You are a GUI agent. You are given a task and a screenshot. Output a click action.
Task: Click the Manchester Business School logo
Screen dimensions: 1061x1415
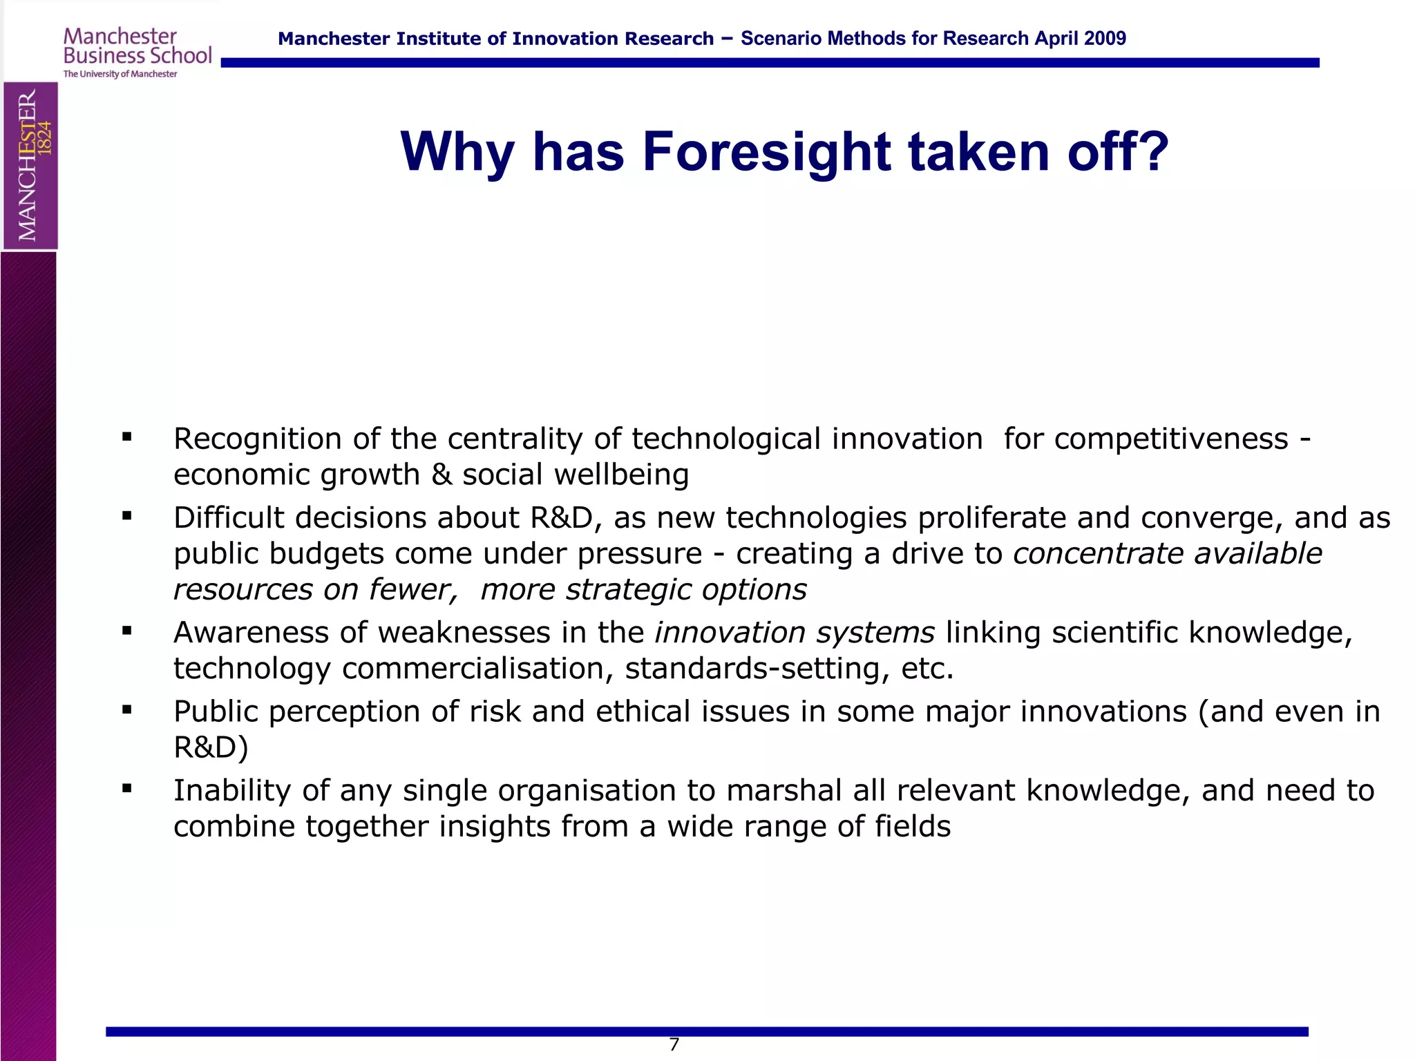pos(137,52)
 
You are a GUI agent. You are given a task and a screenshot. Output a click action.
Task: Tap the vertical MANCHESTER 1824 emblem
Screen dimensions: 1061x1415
pos(30,165)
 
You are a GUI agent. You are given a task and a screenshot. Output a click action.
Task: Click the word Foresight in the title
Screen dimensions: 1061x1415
pos(767,152)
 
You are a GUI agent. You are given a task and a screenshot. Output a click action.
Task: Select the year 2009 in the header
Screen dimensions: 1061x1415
pos(1104,39)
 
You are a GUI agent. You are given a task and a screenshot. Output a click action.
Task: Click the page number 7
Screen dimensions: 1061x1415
pos(674,1044)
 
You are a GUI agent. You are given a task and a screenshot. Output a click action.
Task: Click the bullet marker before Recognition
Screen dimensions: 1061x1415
pos(126,437)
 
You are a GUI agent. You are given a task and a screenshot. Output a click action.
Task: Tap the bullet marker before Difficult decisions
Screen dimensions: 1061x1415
pos(126,515)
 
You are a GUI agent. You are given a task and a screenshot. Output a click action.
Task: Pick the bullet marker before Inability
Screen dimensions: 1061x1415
pos(126,788)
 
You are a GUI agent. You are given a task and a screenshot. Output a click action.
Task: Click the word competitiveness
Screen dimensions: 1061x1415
pos(1171,439)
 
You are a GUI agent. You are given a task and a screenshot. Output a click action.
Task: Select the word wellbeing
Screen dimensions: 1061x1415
pos(621,475)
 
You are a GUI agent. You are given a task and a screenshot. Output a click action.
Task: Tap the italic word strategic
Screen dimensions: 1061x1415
pos(628,590)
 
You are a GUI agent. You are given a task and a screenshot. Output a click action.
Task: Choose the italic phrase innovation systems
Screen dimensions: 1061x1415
pos(795,633)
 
